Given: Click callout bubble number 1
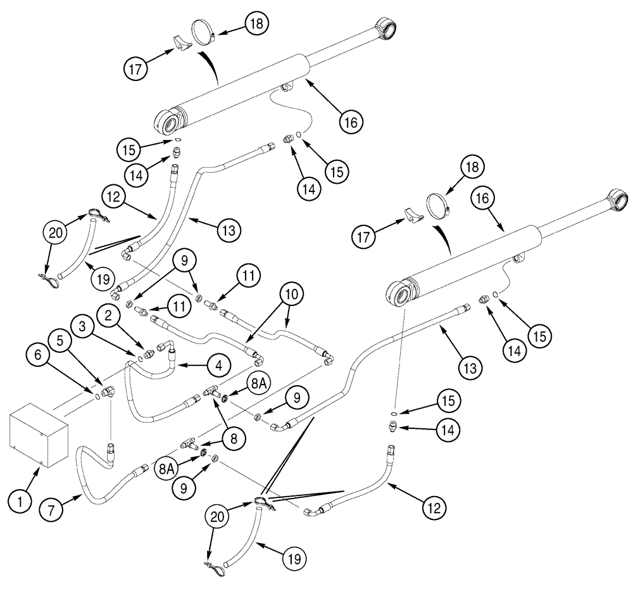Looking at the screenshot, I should click(20, 503).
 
